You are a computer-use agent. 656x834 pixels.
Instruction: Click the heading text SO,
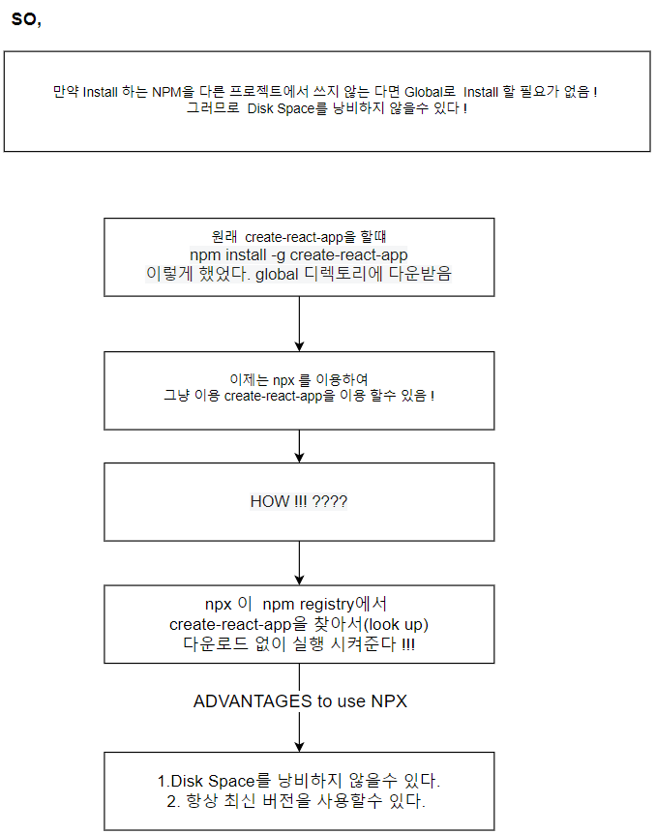pos(26,20)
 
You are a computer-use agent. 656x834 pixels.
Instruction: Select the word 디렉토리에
pos(363,273)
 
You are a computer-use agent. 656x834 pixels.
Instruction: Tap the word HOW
pos(269,501)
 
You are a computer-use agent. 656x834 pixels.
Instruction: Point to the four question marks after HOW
pos(330,501)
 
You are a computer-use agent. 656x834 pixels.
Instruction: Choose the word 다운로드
pos(212,643)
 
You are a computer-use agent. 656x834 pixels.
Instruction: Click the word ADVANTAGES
pos(253,701)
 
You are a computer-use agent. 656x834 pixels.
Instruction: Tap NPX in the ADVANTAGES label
pos(388,701)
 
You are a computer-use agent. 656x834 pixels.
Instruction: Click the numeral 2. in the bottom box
pos(173,800)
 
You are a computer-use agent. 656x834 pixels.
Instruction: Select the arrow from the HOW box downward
pos(299,562)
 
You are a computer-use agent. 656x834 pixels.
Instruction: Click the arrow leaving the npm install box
pos(299,322)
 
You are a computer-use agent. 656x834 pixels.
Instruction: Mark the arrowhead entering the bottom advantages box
pos(299,746)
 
